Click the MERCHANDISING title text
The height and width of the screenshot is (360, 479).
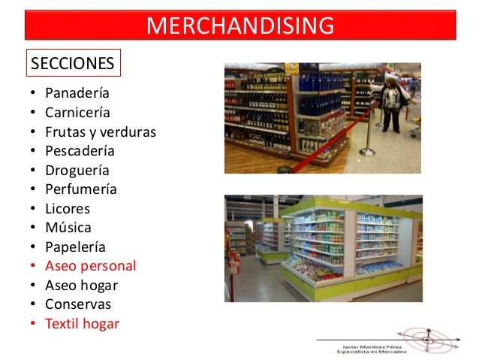[x=240, y=25]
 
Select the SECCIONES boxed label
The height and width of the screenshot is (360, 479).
[x=73, y=63]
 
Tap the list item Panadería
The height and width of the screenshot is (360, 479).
[x=77, y=94]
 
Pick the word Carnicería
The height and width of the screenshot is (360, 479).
[x=77, y=113]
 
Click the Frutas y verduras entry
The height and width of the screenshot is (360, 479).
[x=100, y=132]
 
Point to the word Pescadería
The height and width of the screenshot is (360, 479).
[x=80, y=151]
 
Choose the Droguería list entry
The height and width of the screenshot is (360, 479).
[x=77, y=171]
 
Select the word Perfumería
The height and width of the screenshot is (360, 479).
[x=80, y=189]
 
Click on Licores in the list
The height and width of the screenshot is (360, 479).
[x=67, y=208]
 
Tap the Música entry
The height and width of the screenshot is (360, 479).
[x=68, y=227]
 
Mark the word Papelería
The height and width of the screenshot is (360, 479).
[x=75, y=247]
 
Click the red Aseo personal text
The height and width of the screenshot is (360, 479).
[x=90, y=266]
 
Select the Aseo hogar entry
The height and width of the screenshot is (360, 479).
[x=81, y=285]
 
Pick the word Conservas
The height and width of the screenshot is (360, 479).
[x=77, y=304]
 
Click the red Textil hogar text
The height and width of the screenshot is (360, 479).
[x=82, y=324]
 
